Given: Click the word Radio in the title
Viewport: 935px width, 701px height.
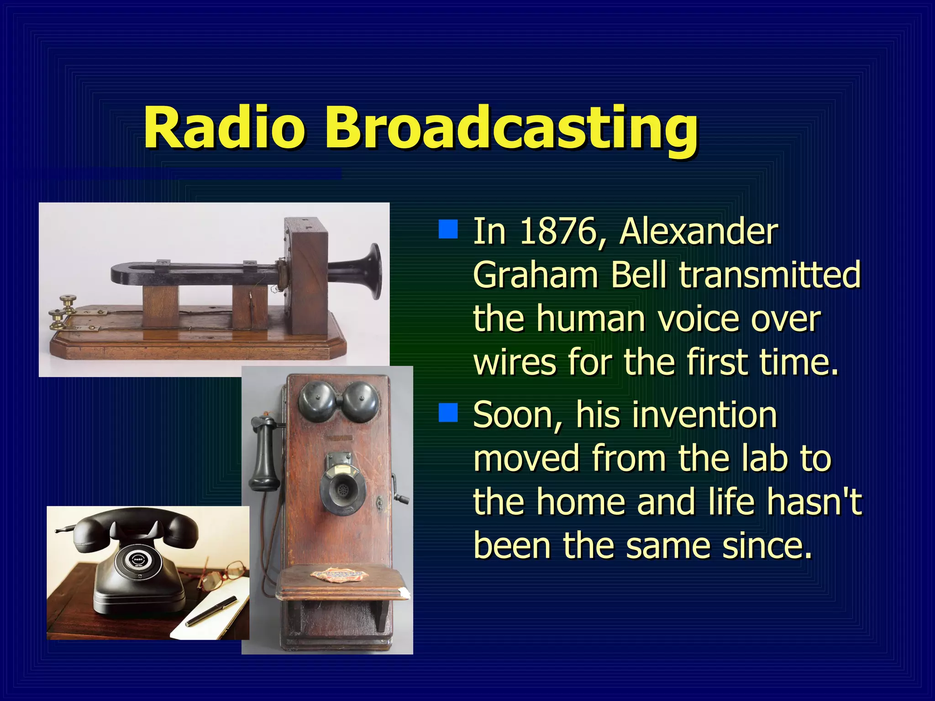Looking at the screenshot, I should click(x=224, y=128).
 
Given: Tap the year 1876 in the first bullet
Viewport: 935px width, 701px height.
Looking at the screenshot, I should click(x=558, y=232).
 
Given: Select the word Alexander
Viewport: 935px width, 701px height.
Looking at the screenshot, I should click(x=699, y=232).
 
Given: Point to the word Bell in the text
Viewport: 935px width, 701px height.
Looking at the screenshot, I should click(x=640, y=275).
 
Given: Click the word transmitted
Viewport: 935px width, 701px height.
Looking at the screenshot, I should click(x=769, y=275).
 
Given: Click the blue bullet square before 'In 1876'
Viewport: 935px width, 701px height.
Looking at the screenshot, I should click(x=448, y=230).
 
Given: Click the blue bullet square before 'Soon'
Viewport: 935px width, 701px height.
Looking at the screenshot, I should click(x=448, y=413).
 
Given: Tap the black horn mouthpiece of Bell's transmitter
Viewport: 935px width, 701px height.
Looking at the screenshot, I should click(x=370, y=271).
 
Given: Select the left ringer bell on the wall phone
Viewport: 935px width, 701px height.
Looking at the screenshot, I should click(x=316, y=402).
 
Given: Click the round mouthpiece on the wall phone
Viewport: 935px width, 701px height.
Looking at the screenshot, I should click(x=341, y=491).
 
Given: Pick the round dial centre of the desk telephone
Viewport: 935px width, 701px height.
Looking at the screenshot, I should click(x=137, y=560).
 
